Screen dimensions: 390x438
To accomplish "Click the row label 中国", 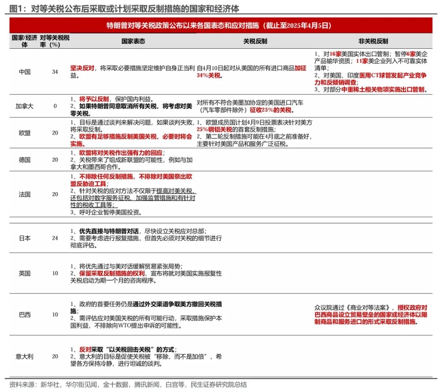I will (x=25, y=72).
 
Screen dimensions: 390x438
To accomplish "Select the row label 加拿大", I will (x=25, y=106).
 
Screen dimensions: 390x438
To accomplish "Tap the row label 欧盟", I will (x=25, y=133).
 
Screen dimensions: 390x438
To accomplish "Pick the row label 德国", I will (x=25, y=160).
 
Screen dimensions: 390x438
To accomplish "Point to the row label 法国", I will (x=25, y=194).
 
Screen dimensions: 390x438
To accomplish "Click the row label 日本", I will (x=25, y=238).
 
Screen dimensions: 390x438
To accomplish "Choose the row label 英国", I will (x=25, y=273).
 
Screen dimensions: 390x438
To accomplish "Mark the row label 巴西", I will (x=25, y=315).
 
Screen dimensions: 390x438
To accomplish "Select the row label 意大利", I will (x=25, y=356).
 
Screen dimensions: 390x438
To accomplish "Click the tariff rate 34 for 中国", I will (x=55, y=72).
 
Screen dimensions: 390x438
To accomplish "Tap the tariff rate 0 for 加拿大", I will (x=55, y=106).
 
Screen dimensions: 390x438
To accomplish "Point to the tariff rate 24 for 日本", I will (x=55, y=238).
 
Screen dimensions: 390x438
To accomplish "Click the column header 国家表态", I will (x=133, y=41).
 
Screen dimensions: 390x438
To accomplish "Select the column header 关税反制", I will (x=255, y=41).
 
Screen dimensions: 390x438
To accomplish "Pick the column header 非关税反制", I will (x=373, y=41).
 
